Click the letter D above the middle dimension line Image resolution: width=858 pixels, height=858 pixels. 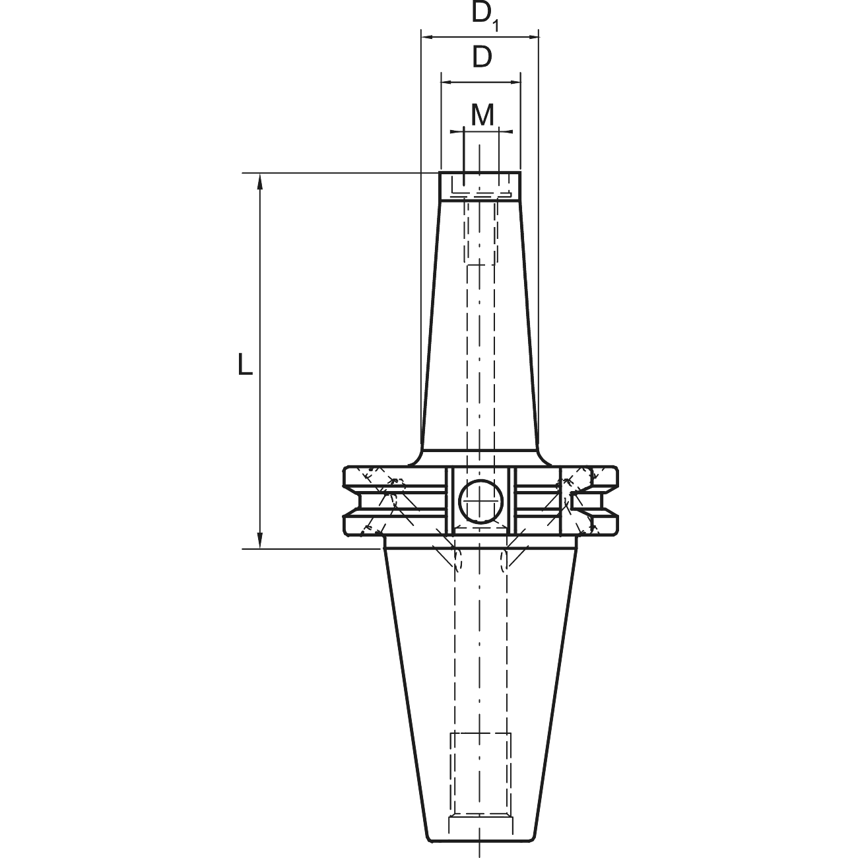tap(482, 57)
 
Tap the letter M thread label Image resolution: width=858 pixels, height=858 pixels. tap(482, 115)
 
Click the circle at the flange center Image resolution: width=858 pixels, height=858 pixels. tap(480, 501)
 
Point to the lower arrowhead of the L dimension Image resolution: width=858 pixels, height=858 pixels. tap(260, 540)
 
